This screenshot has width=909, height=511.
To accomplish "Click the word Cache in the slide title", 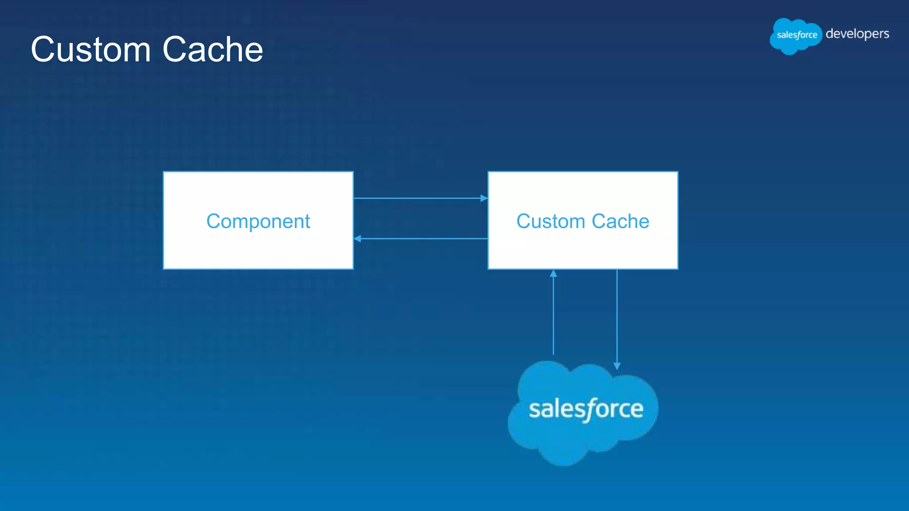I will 213,50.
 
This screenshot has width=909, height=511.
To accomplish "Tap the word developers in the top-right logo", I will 857,34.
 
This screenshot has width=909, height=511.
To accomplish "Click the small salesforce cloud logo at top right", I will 796,35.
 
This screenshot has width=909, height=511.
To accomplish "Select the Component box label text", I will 258,221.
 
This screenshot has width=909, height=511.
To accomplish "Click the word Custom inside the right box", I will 550,221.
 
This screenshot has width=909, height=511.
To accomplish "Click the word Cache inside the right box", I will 620,221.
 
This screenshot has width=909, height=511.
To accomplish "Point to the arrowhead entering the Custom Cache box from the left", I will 484,198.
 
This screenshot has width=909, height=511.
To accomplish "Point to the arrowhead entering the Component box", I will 358,239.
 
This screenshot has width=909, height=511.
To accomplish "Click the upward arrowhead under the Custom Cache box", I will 553,274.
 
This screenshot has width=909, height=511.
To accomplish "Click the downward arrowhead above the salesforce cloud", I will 617,366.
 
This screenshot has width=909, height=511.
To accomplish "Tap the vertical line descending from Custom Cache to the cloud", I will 617,315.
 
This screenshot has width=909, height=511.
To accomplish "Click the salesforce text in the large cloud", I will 585,409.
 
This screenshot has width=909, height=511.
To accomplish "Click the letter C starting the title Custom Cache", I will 44,50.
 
